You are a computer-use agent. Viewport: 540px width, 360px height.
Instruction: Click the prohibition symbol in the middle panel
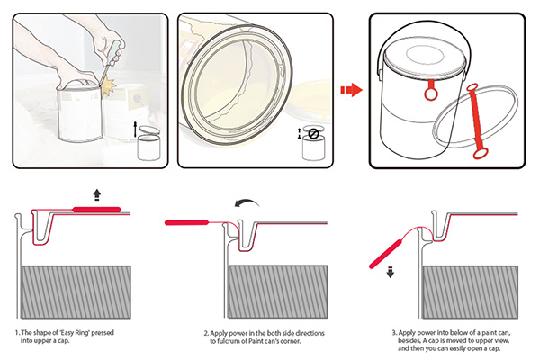click(314, 134)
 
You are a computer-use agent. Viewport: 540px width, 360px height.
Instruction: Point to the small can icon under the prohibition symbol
click(314, 149)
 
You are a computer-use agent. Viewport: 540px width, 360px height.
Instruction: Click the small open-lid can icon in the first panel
click(150, 144)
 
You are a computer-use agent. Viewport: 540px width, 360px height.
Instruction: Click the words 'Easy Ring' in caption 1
click(72, 333)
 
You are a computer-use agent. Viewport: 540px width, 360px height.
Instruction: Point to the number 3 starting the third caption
click(393, 333)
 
